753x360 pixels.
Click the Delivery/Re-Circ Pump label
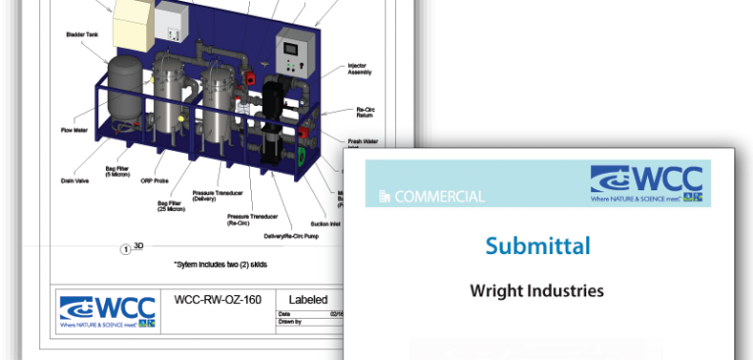[291, 235]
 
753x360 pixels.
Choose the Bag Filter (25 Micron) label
[173, 206]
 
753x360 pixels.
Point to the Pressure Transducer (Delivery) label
[210, 195]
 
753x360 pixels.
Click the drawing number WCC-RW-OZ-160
[217, 299]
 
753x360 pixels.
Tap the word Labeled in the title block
[308, 299]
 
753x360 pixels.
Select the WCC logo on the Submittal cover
[646, 182]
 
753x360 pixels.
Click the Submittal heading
[537, 245]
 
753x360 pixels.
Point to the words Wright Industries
[536, 290]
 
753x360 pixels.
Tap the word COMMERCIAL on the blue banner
[439, 196]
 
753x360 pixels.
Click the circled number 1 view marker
[125, 248]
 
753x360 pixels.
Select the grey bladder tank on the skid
[125, 88]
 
